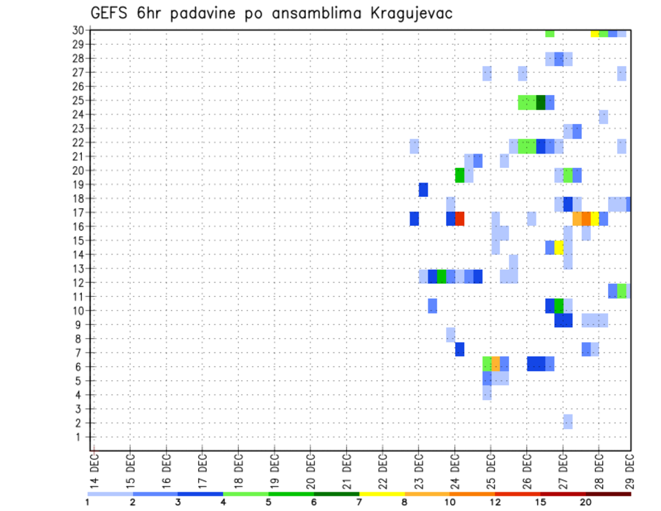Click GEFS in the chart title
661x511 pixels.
pos(113,14)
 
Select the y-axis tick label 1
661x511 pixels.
pos(81,437)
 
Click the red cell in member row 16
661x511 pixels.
pos(459,218)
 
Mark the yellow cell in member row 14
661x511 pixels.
pos(559,247)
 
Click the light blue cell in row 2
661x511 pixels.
pos(567,421)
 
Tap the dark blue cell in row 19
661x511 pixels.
pos(423,189)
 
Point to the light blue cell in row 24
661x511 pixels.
pos(603,116)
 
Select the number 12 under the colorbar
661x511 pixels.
pos(495,502)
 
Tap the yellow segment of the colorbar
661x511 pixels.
pos(381,493)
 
